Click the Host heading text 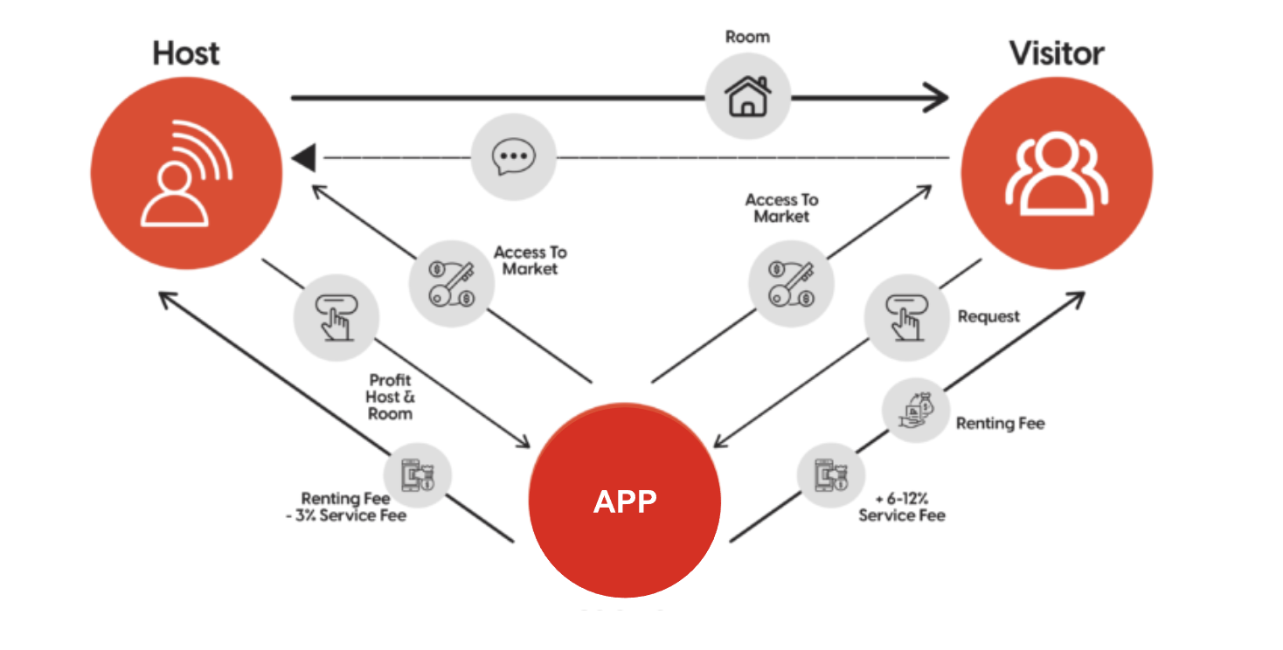(185, 53)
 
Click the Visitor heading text (1057, 53)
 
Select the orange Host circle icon (186, 172)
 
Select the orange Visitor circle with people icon (1057, 172)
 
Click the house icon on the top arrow (748, 96)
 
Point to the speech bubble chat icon (513, 158)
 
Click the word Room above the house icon (747, 37)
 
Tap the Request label (988, 316)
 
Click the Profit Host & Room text (390, 397)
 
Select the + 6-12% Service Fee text (901, 507)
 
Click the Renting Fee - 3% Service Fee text (354, 507)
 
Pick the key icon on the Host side (452, 283)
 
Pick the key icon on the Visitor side (792, 283)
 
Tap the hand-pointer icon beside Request (906, 316)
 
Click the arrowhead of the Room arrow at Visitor (940, 96)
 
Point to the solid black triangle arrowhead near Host (303, 158)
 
